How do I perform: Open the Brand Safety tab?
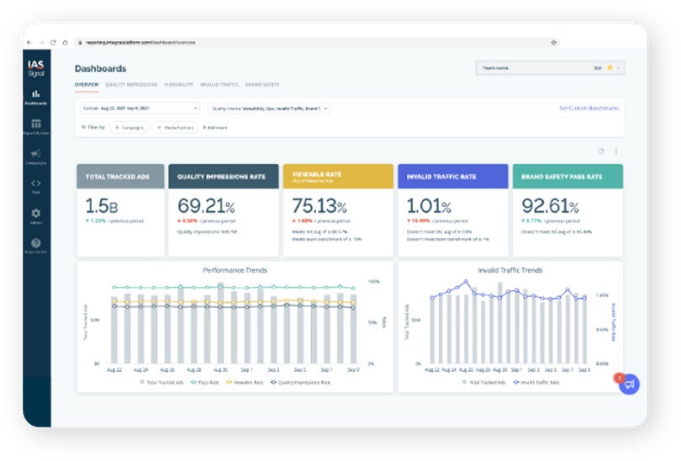263,85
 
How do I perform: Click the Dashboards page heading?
100,69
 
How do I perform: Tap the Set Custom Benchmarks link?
589,109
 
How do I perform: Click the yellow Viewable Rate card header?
337,177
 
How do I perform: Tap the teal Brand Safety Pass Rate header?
567,177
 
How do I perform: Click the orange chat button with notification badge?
629,384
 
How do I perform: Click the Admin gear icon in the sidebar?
36,214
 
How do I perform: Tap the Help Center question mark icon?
36,243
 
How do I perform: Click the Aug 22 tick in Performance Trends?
114,369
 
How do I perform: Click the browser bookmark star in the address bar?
553,42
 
